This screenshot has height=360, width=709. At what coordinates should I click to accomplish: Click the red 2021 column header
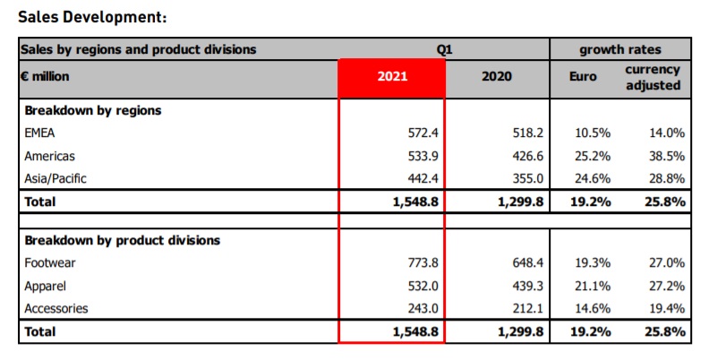click(x=392, y=77)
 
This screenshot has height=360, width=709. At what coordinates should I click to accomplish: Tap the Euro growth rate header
click(x=583, y=77)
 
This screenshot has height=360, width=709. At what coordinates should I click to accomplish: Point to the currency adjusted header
click(x=653, y=77)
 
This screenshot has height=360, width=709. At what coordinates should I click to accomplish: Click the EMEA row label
click(x=40, y=133)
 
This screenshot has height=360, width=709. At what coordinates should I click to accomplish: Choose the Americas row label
click(x=49, y=156)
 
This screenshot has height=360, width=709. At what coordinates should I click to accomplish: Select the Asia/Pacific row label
click(x=56, y=178)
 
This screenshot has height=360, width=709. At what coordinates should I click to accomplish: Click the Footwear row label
click(x=49, y=263)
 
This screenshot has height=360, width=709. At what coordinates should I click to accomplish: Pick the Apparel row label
click(x=46, y=286)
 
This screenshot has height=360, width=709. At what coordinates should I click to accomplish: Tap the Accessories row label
click(x=56, y=308)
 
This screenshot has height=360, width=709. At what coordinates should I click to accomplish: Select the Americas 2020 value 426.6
click(x=523, y=156)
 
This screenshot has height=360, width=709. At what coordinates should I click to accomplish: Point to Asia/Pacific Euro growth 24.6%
click(x=592, y=178)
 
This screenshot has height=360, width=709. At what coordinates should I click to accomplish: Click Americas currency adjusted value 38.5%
click(x=666, y=156)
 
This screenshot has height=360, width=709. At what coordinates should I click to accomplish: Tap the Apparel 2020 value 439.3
click(x=523, y=286)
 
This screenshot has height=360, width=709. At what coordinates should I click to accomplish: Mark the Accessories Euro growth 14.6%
click(x=592, y=308)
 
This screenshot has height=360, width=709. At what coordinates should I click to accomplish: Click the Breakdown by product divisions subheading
click(x=122, y=240)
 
